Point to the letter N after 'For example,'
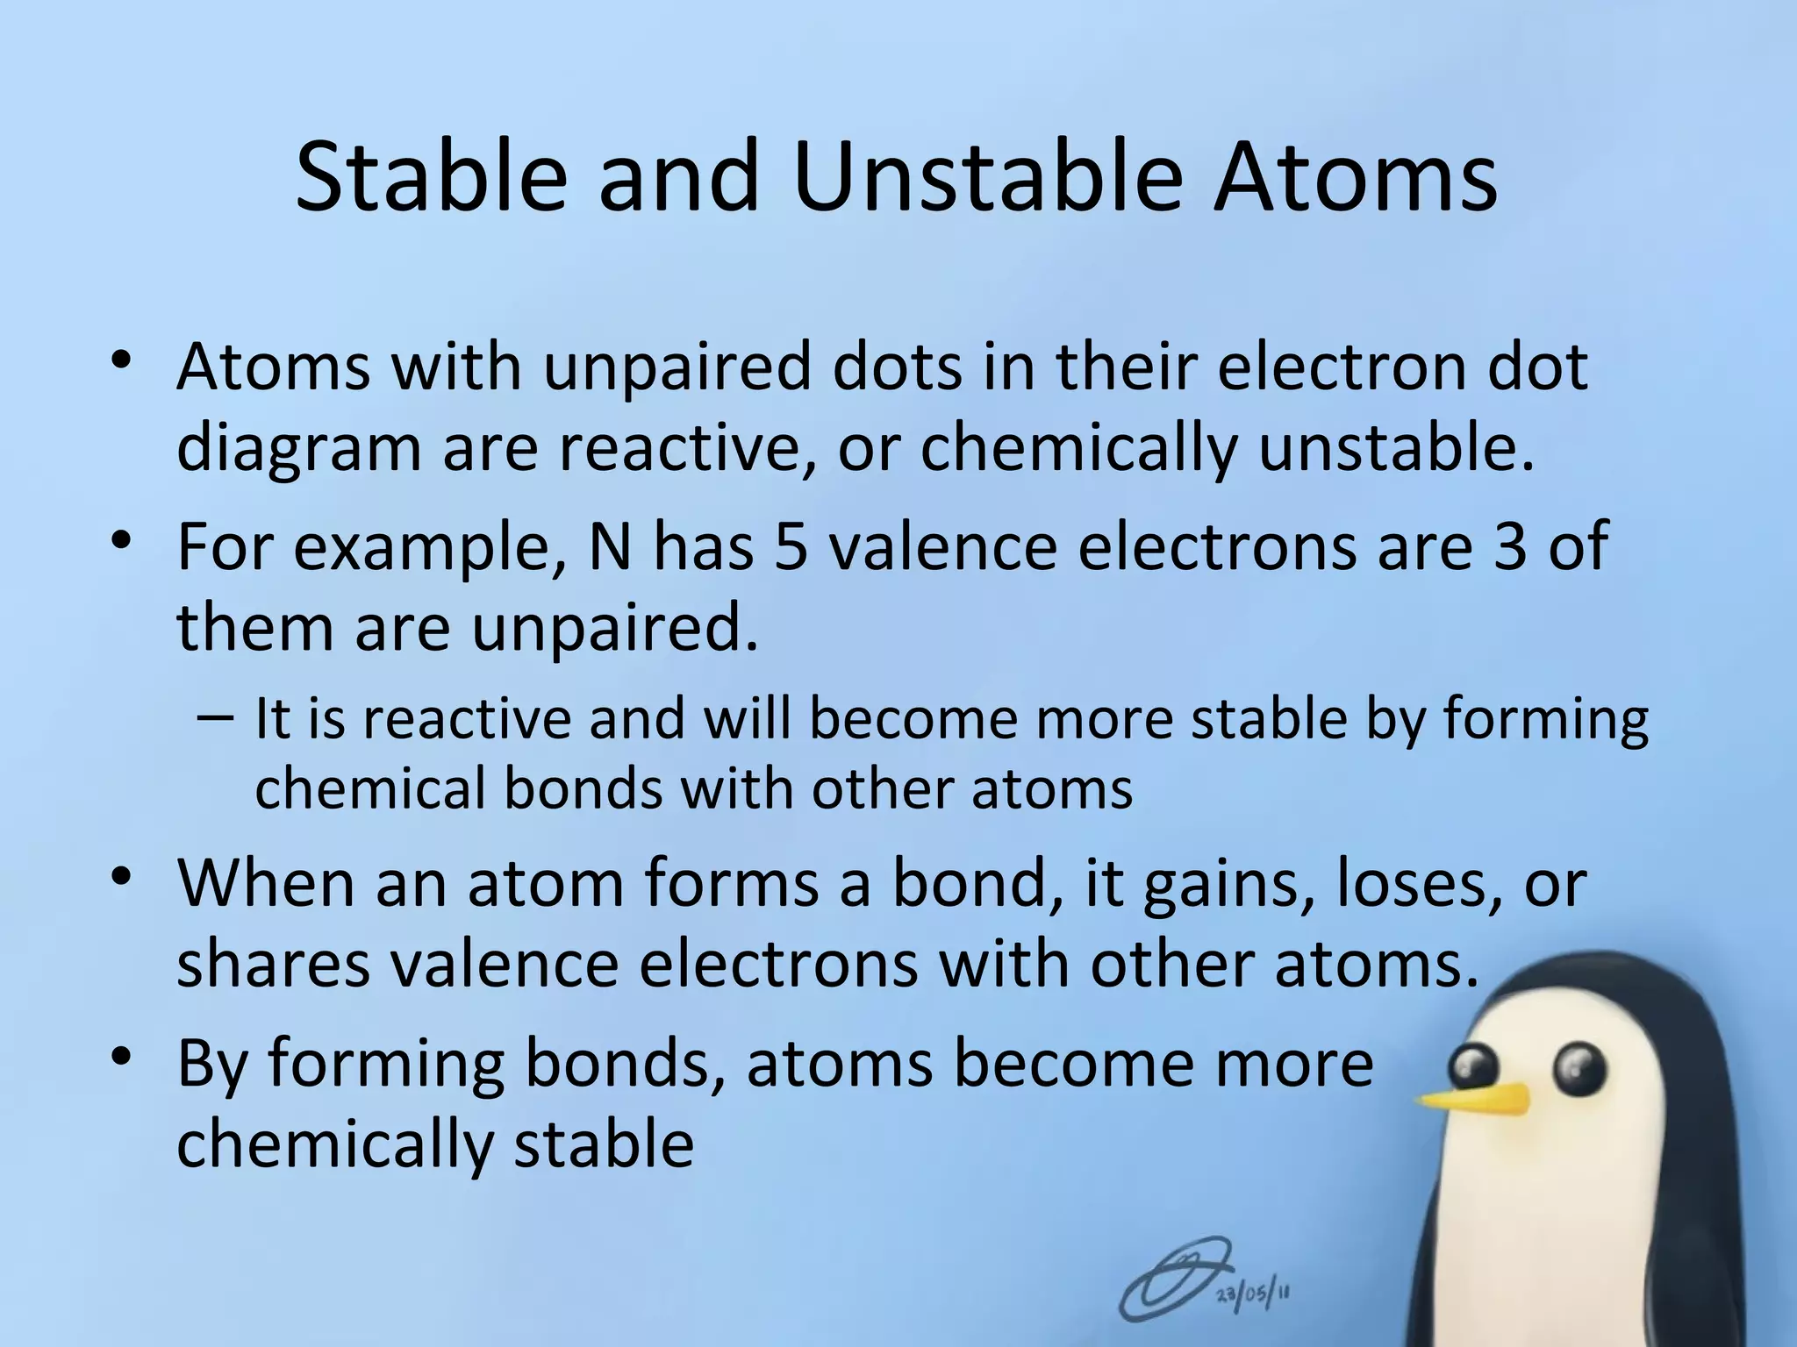tap(611, 546)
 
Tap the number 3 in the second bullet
tap(1509, 546)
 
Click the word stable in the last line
tap(604, 1144)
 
